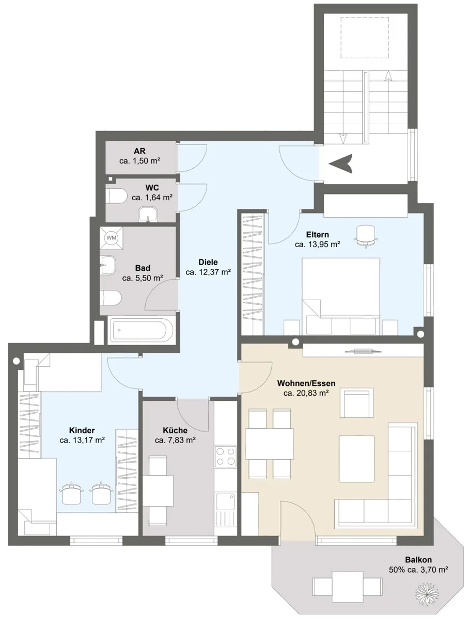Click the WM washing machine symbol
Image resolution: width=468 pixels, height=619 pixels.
tap(111, 238)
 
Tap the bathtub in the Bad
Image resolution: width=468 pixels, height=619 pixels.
tap(141, 330)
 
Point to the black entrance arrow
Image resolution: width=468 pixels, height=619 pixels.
tap(341, 164)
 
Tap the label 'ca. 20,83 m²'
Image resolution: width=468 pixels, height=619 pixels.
tap(306, 393)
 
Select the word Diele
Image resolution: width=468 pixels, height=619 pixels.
tap(208, 262)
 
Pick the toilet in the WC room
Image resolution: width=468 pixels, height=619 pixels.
tap(117, 196)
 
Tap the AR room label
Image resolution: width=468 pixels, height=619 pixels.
tap(139, 151)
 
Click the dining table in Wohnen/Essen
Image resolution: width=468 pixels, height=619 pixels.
tap(269, 444)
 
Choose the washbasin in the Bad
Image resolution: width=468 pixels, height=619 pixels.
tap(108, 265)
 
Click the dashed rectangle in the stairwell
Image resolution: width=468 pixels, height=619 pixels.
tap(365, 38)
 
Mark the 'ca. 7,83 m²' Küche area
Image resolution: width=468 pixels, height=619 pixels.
tap(175, 440)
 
